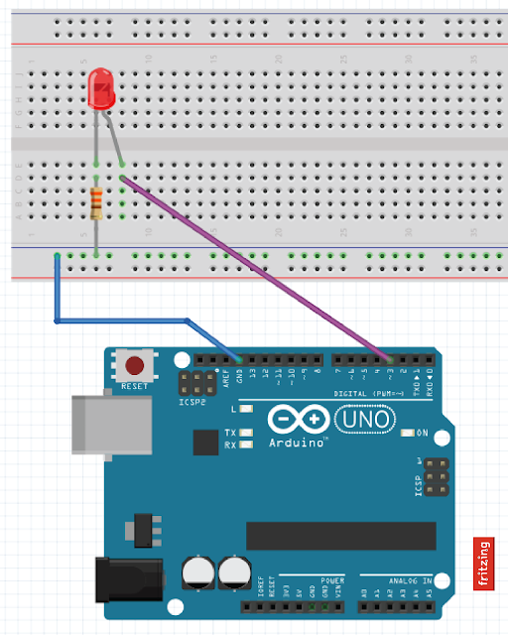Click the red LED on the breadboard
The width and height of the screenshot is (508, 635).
click(101, 88)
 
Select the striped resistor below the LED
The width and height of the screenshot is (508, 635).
click(96, 204)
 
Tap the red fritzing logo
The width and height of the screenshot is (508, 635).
click(483, 564)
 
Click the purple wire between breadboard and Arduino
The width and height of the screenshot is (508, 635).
click(258, 269)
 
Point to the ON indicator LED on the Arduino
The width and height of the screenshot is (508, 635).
click(407, 433)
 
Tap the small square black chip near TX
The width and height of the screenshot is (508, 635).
click(205, 442)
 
